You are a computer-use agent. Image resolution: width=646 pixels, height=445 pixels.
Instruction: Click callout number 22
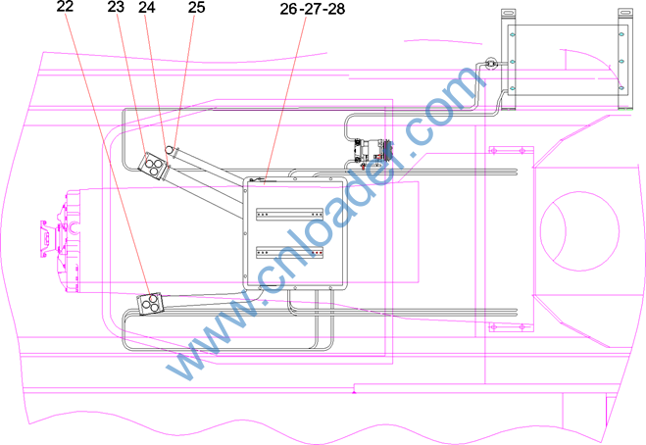pyautogui.click(x=65, y=6)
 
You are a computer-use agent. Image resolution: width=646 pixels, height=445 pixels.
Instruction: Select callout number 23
pyautogui.click(x=116, y=7)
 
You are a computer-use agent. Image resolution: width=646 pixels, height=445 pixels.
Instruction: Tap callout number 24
pyautogui.click(x=147, y=7)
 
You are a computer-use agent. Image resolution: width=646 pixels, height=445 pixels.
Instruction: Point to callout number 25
pyautogui.click(x=196, y=7)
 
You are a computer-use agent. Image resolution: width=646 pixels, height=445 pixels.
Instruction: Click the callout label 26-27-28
pyautogui.click(x=313, y=9)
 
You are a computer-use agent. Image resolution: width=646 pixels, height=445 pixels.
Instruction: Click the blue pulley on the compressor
pyautogui.click(x=387, y=151)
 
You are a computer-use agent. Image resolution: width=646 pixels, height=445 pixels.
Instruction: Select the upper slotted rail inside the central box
pyautogui.click(x=289, y=215)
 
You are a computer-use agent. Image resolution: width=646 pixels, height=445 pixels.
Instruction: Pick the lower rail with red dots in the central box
pyautogui.click(x=289, y=252)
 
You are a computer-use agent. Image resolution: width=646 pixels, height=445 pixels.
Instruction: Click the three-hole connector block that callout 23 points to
pyautogui.click(x=152, y=166)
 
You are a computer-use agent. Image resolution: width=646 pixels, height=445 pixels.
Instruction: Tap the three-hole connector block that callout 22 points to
pyautogui.click(x=150, y=304)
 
